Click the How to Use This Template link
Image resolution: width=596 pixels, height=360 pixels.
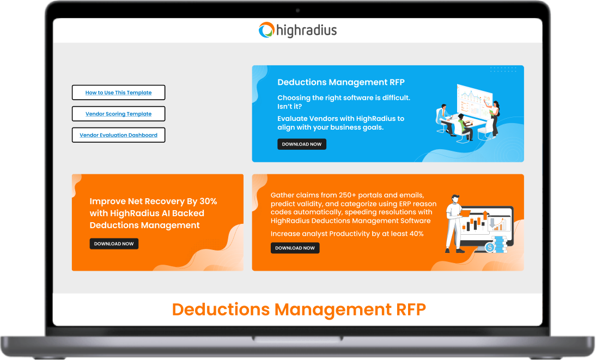[x=118, y=93]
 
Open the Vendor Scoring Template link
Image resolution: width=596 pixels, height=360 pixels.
[x=118, y=114]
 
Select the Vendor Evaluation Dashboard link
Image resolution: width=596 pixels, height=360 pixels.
[x=118, y=135]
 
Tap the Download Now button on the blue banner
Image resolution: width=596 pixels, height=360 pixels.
[x=302, y=144]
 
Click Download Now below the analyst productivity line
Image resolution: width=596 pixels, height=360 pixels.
[x=295, y=248]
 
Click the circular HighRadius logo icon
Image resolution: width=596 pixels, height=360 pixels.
[x=266, y=30]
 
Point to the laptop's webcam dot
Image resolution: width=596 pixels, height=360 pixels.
[x=298, y=10]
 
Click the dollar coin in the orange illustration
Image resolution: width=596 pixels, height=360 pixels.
[x=490, y=248]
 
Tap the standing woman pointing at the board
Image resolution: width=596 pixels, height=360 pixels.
[x=494, y=117]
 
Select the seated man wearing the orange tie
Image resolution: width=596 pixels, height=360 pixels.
[x=444, y=119]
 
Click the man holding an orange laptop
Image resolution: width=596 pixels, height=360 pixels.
[x=453, y=221]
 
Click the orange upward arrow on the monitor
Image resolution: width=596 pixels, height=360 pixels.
[x=485, y=216]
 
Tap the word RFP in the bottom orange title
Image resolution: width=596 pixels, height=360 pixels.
[x=409, y=309]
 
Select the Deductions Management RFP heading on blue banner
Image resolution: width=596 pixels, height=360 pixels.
[x=341, y=82]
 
